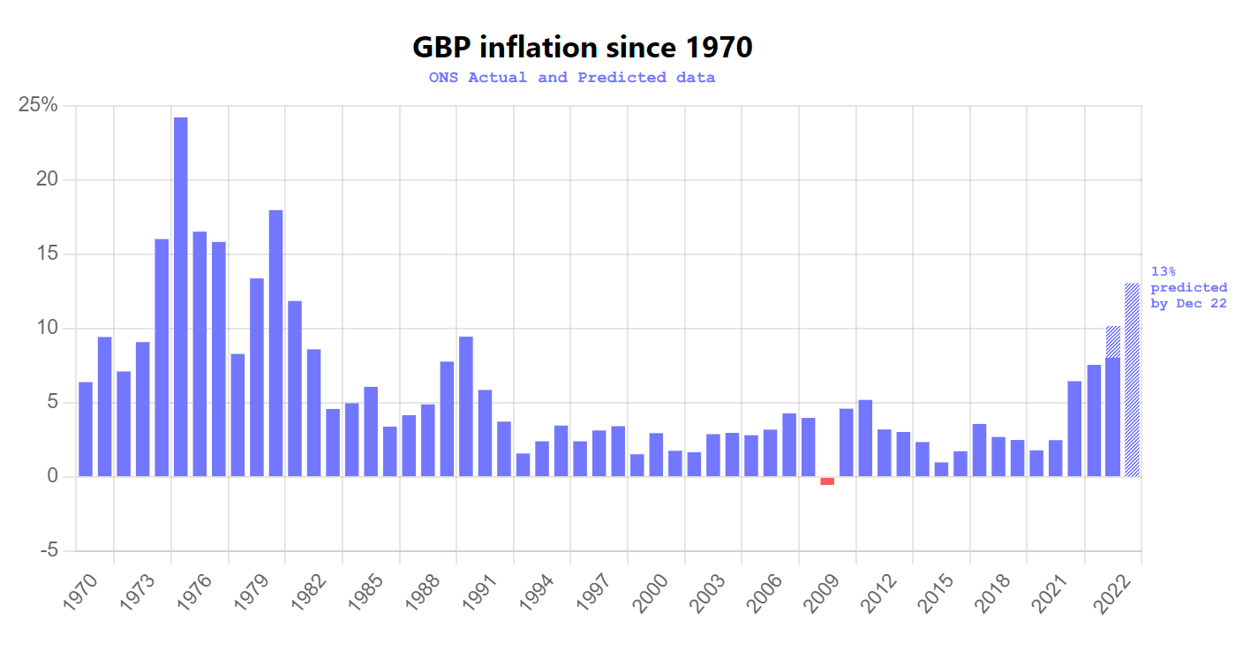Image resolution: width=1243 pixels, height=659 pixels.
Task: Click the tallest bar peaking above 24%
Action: (x=180, y=296)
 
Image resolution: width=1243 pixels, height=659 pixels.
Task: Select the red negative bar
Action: (x=827, y=481)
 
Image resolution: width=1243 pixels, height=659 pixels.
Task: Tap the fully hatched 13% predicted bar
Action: (x=1132, y=380)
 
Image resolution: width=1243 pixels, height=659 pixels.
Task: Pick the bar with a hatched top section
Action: (x=1113, y=402)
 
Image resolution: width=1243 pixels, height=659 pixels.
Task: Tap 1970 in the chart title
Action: (x=719, y=47)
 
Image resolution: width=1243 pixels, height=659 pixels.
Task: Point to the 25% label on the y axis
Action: (x=38, y=106)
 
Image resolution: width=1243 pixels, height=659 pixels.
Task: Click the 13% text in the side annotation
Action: (x=1164, y=271)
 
